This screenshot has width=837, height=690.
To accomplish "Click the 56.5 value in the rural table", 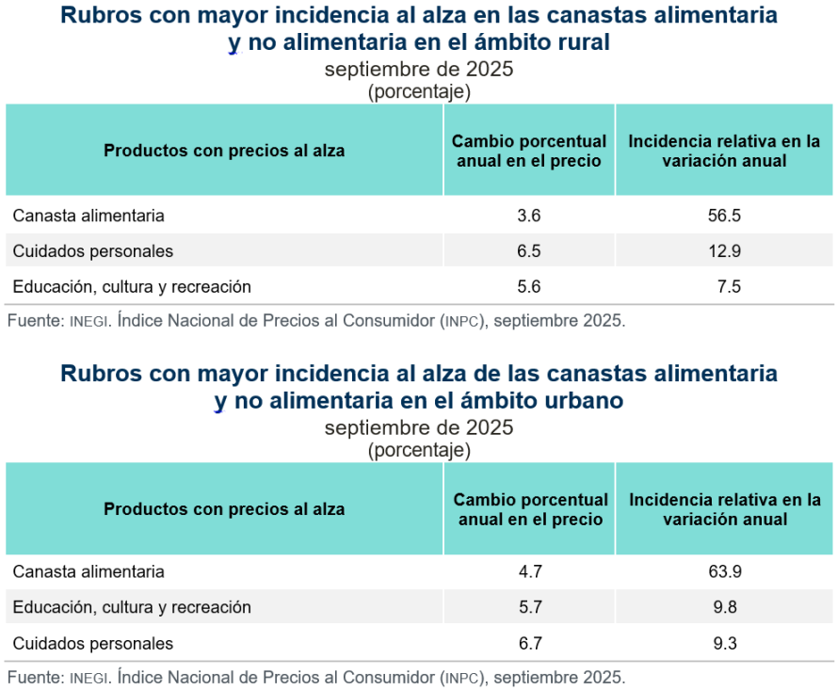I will tap(724, 216).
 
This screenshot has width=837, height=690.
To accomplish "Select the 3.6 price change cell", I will tap(529, 216).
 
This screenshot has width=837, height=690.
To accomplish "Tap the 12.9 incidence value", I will tap(724, 251).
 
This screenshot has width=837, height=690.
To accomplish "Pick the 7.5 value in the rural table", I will tap(728, 286).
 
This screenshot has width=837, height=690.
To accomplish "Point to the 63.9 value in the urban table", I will tap(724, 571).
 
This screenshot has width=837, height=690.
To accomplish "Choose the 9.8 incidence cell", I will tap(724, 607).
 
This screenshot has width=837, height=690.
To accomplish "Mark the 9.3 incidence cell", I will tap(724, 644).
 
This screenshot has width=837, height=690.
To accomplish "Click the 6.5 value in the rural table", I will tap(529, 251).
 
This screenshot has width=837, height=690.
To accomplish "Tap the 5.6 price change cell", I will tap(529, 286).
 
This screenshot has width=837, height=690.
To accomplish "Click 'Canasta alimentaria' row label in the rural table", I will tap(89, 216).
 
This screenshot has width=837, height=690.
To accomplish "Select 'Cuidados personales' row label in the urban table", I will tap(93, 644).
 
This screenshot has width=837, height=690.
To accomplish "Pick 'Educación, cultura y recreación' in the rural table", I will tap(132, 286).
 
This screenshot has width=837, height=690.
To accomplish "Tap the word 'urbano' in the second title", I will tap(585, 400).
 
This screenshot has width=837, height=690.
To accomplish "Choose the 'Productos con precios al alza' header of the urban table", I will tap(224, 509).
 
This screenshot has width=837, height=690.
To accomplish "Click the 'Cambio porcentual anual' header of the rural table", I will tap(529, 151).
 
